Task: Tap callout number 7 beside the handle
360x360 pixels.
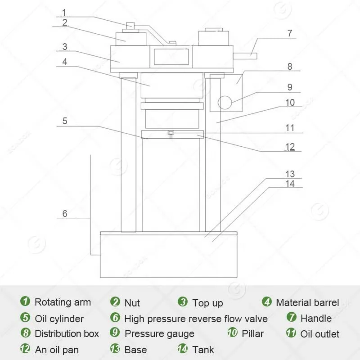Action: (x=290, y=33)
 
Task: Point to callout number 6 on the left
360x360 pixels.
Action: (x=65, y=213)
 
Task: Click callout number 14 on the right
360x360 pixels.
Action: (x=290, y=183)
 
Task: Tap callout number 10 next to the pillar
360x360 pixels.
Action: (x=290, y=103)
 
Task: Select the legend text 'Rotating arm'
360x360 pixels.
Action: (x=63, y=302)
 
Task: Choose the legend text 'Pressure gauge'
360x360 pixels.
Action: (x=159, y=333)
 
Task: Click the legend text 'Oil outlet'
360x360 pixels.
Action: (x=319, y=333)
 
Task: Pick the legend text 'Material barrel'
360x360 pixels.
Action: (x=307, y=302)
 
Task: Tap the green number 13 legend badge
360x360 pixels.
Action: (x=116, y=349)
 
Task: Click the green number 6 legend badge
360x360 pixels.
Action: (x=116, y=318)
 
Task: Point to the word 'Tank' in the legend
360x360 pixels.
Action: (x=203, y=349)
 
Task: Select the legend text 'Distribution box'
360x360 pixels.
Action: (x=67, y=333)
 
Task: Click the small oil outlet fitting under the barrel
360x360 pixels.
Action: (x=171, y=133)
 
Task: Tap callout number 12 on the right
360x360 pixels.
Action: (x=290, y=146)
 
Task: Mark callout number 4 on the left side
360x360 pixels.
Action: (x=65, y=62)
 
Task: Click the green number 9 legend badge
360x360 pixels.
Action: (x=116, y=333)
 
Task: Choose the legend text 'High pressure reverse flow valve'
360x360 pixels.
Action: (x=196, y=318)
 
